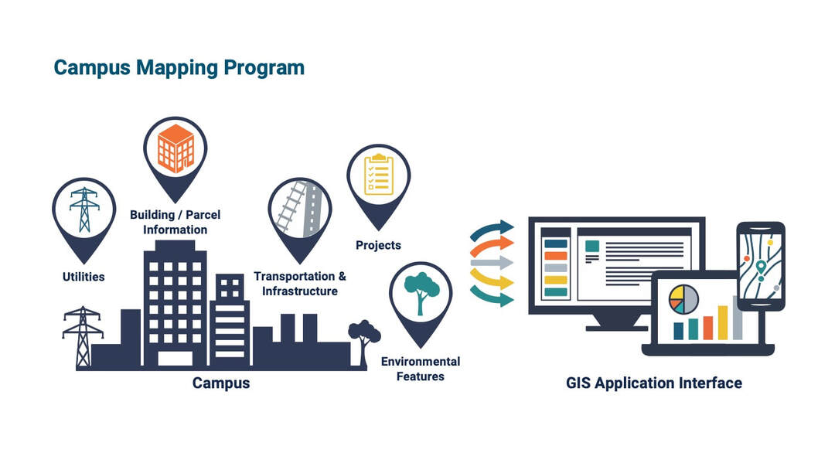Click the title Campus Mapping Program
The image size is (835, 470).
(x=179, y=68)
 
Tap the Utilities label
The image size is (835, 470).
(x=83, y=276)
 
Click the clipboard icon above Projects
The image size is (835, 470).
(x=378, y=174)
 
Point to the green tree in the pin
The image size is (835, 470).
(x=421, y=292)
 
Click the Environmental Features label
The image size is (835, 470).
(x=421, y=369)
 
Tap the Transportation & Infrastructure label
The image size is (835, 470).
(x=300, y=284)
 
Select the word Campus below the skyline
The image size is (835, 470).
(x=221, y=383)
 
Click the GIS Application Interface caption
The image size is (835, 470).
(x=654, y=383)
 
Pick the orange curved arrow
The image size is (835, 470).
(x=492, y=244)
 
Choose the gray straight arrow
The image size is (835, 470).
(x=492, y=262)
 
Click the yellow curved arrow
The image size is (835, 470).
(x=492, y=278)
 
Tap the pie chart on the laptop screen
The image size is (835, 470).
(x=683, y=299)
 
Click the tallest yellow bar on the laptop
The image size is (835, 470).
(x=723, y=322)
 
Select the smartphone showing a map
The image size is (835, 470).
(x=760, y=265)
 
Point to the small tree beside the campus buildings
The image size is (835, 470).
(x=364, y=339)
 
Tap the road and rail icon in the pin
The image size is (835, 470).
(x=300, y=208)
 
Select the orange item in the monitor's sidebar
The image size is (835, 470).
(x=556, y=256)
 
